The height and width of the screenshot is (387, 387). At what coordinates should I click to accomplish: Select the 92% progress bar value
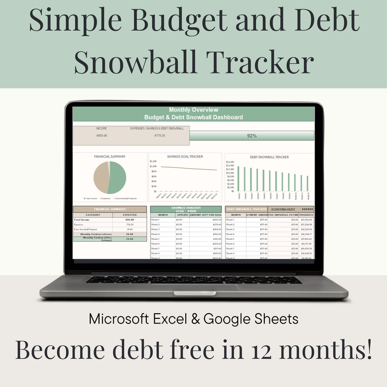pyautogui.click(x=252, y=136)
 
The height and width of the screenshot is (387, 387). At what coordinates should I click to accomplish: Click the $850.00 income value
pyautogui.click(x=102, y=135)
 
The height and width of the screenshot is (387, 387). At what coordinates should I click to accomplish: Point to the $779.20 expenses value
pyautogui.click(x=160, y=135)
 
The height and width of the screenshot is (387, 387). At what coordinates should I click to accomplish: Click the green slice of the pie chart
pyautogui.click(x=117, y=178)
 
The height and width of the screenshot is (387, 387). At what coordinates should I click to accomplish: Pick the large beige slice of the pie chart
pyautogui.click(x=101, y=178)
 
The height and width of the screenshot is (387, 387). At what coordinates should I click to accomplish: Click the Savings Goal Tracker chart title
pyautogui.click(x=185, y=156)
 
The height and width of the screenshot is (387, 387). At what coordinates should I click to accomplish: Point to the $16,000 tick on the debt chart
pyautogui.click(x=230, y=161)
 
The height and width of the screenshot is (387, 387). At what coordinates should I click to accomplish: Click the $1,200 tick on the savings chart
pyautogui.click(x=153, y=161)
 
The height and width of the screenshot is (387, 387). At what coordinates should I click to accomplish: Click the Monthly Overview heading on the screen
pyautogui.click(x=193, y=110)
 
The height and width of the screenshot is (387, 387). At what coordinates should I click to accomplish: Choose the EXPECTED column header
pyautogui.click(x=129, y=214)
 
